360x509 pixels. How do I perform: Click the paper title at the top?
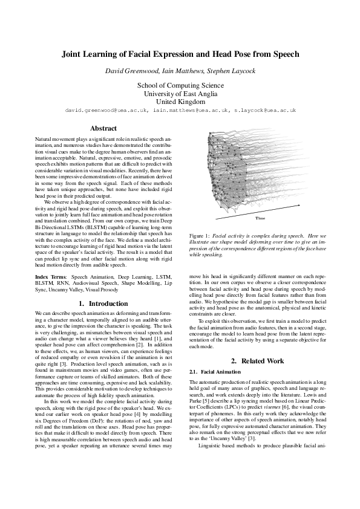(180, 54)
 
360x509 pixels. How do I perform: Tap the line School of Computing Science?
(180, 85)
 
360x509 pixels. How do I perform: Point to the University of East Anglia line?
(180, 94)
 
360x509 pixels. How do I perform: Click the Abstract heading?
(103, 128)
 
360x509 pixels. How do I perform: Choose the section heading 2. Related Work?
(258, 344)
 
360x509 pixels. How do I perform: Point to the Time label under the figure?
(261, 217)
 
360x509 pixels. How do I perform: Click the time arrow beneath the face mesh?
(266, 212)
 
